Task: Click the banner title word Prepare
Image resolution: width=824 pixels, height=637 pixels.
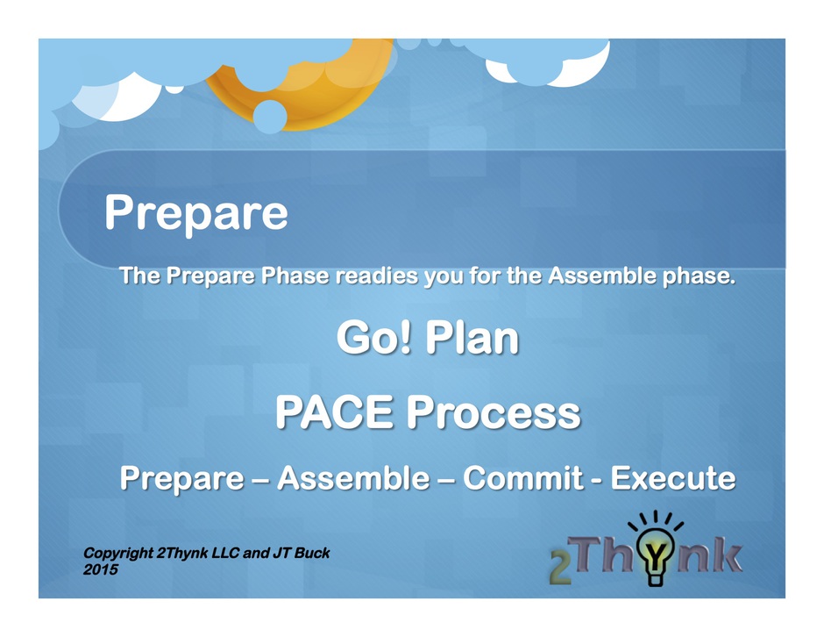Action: (196, 213)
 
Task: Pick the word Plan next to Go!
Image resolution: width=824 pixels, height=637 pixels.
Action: (472, 337)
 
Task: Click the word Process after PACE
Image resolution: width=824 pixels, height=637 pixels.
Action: (494, 412)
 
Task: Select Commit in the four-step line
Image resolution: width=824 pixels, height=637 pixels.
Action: (522, 477)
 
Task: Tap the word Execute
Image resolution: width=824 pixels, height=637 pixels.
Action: (673, 477)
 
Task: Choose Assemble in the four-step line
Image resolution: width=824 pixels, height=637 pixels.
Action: (353, 477)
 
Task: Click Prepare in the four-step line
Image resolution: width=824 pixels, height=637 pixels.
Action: (181, 479)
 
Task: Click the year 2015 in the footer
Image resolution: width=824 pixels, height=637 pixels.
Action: (101, 569)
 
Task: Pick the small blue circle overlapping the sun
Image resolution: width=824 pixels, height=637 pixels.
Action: (270, 117)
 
